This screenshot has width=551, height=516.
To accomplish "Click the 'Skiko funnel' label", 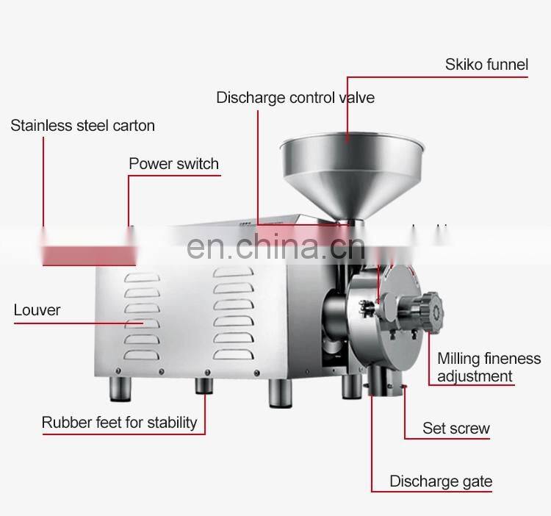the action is click(486, 65).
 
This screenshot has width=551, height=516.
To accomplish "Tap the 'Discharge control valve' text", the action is click(295, 97).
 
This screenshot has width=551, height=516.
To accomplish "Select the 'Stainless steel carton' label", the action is click(82, 125).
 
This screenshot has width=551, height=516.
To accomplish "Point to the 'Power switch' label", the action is click(173, 163).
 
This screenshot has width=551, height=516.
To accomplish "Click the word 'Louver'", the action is click(37, 309).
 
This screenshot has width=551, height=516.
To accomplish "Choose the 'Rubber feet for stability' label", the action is click(119, 422).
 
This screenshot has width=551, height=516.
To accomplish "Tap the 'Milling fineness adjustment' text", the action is click(489, 368).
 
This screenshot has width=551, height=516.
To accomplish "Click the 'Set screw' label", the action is click(455, 429).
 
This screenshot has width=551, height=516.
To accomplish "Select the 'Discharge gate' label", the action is click(441, 481).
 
